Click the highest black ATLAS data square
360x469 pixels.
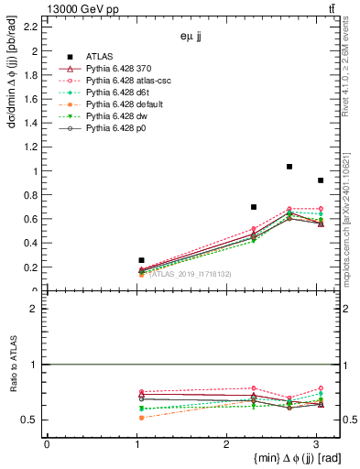click(x=289, y=167)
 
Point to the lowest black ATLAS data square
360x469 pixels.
click(x=141, y=260)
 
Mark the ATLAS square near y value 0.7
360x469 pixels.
click(x=254, y=207)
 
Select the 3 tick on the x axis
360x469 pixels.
click(x=315, y=444)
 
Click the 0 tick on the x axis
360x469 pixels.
click(x=47, y=444)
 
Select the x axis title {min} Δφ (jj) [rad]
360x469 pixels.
click(x=285, y=459)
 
